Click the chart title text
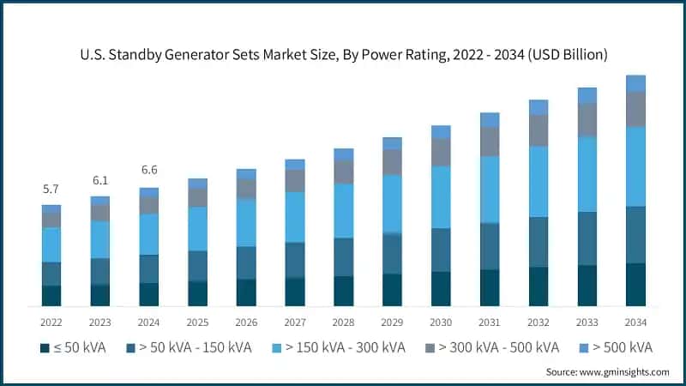(343, 55)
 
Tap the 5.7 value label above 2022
(51, 189)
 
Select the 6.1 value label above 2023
(100, 180)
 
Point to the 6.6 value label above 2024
(149, 171)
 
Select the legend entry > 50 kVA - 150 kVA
(189, 347)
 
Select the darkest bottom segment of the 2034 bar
(635, 285)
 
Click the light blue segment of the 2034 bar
(635, 166)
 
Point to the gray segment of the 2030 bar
(441, 152)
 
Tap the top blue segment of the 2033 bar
(587, 95)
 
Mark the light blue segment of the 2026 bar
(246, 222)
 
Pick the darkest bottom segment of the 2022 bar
(51, 296)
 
